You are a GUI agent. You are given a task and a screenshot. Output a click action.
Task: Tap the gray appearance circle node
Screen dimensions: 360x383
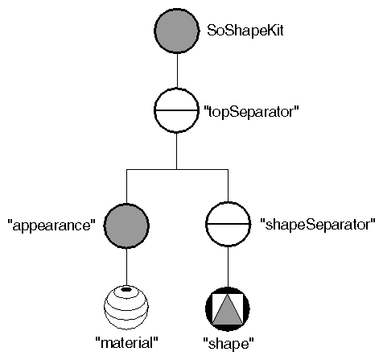coord(128,221)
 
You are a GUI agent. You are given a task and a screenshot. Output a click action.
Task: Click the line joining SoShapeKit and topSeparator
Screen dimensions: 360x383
coord(176,71)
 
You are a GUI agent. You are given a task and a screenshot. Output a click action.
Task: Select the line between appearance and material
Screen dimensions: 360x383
coord(128,264)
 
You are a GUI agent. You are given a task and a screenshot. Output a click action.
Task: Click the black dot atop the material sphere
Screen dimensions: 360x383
coord(126,289)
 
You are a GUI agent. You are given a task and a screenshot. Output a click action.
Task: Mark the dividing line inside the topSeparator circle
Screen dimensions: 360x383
coord(176,110)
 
